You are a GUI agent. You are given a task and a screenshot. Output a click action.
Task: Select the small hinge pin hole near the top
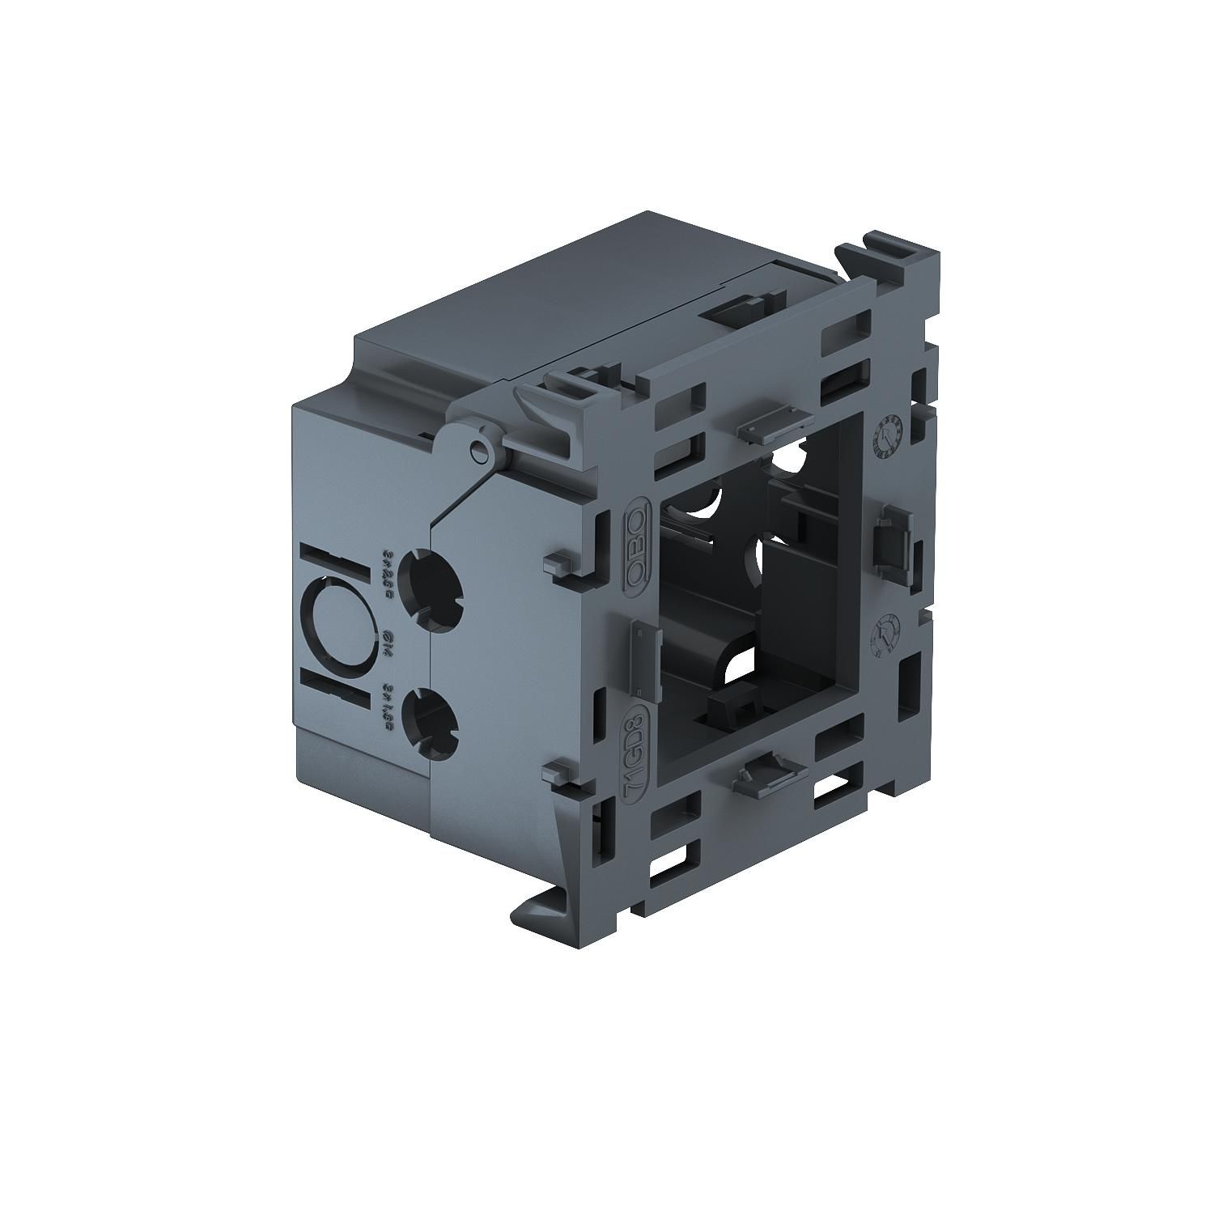(x=482, y=451)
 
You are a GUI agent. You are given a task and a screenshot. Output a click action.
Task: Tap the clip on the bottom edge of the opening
(x=764, y=779)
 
